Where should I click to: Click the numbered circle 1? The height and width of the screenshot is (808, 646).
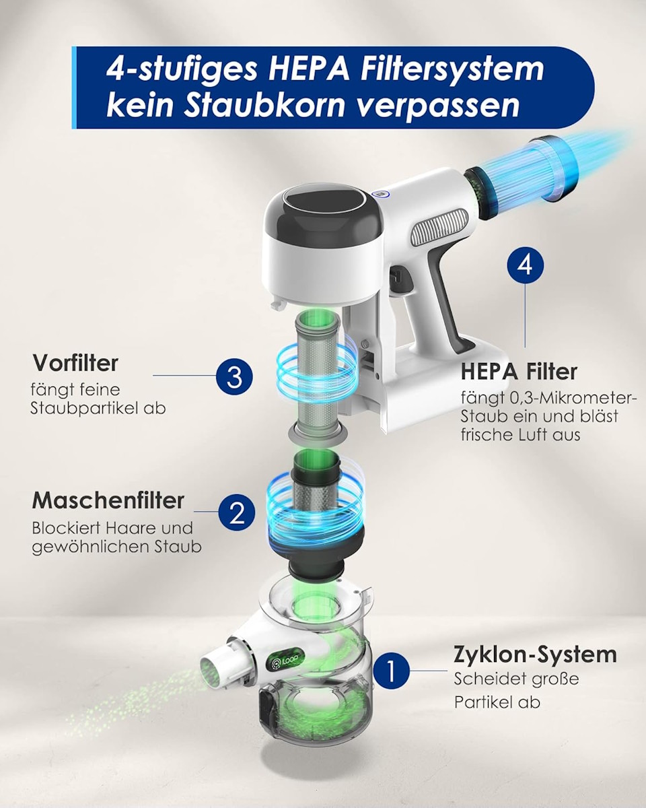click(x=391, y=671)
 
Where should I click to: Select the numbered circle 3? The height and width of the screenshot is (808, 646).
click(x=234, y=376)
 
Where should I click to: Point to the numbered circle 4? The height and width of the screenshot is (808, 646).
click(x=525, y=265)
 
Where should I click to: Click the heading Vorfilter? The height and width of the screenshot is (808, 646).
click(x=75, y=363)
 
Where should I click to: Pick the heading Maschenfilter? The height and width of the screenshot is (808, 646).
click(x=108, y=500)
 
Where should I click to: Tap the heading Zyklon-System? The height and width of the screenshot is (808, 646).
click(x=535, y=654)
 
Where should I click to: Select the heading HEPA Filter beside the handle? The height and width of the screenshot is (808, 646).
click(x=519, y=371)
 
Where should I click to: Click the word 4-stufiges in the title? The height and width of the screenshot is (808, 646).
click(x=182, y=70)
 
